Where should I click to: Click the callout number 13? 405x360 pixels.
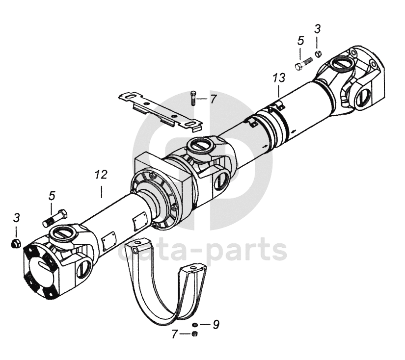click(x=279, y=78)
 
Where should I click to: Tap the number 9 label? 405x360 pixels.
click(x=216, y=324)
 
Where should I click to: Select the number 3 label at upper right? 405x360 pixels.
click(x=318, y=29)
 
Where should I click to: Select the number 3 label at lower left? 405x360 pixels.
click(x=16, y=217)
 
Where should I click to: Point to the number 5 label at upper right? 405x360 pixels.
click(x=300, y=41)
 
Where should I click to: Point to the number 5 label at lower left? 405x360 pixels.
click(x=52, y=196)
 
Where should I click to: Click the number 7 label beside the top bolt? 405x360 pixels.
click(x=213, y=100)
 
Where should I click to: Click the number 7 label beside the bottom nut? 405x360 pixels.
click(x=174, y=334)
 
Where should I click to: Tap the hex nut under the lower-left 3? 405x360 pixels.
click(x=16, y=242)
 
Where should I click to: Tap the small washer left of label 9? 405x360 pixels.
click(x=195, y=325)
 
